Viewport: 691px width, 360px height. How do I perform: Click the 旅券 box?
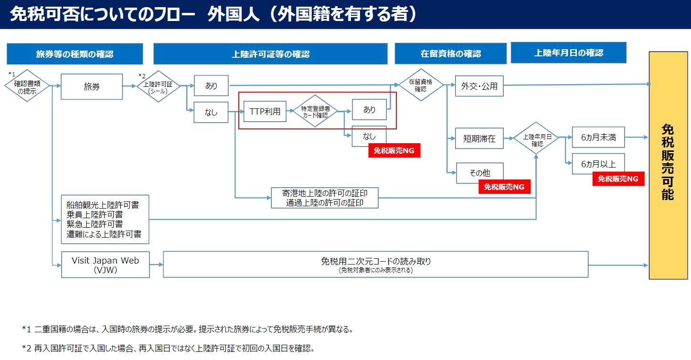[91, 86]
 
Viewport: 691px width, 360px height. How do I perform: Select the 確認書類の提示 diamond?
[27, 86]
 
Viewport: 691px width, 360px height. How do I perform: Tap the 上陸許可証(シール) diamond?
[158, 86]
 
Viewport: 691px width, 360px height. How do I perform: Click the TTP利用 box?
[265, 112]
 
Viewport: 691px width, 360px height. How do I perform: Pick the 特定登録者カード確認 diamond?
[315, 111]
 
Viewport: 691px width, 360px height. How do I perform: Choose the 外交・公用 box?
[479, 86]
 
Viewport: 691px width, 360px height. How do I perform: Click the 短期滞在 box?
[479, 139]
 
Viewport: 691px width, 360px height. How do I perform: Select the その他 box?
[479, 173]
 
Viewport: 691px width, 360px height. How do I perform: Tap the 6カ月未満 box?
[598, 138]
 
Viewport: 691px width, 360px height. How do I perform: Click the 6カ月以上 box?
[598, 164]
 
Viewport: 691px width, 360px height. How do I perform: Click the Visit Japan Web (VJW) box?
[105, 265]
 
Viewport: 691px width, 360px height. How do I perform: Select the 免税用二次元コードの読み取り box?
[375, 265]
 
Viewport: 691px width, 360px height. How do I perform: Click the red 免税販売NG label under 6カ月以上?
[618, 179]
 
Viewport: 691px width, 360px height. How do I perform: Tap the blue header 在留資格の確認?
[450, 54]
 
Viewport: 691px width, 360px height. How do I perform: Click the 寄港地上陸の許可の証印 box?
[324, 198]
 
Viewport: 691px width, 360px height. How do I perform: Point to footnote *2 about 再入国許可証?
[168, 348]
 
